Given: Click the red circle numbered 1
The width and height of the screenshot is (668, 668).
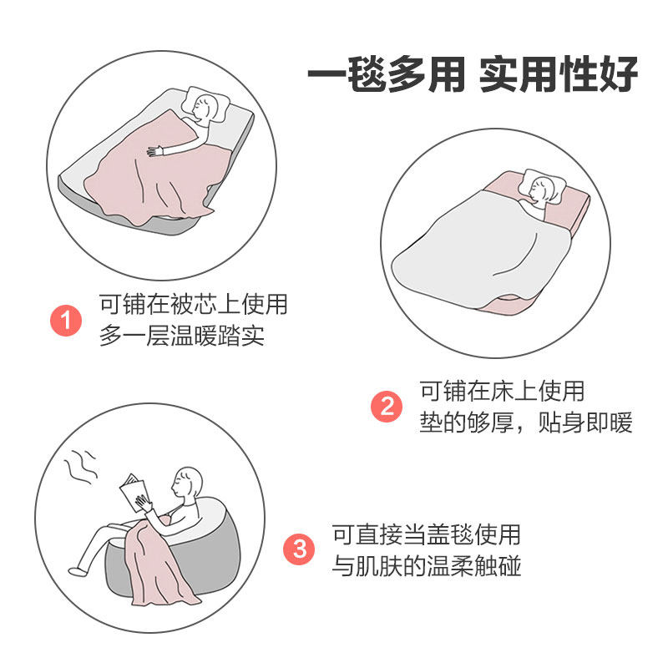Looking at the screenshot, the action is [66, 321].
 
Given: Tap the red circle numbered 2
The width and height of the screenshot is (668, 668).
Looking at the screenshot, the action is [387, 407].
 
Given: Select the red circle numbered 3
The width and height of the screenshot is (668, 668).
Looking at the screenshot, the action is [300, 549].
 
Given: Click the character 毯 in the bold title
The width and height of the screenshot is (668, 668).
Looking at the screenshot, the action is [367, 74].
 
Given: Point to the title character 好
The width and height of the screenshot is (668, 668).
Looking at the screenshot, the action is [618, 74].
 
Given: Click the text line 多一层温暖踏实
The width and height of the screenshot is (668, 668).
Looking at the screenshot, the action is [182, 336].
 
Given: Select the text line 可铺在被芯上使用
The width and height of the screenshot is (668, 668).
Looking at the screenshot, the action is [194, 304].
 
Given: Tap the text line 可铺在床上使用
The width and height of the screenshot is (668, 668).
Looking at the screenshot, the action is [502, 391].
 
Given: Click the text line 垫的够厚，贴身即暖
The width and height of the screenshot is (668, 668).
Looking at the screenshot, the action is [526, 423].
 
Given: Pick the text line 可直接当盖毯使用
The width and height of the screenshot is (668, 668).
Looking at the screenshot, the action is [427, 534].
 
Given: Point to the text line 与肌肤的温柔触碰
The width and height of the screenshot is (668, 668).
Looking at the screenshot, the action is [427, 566].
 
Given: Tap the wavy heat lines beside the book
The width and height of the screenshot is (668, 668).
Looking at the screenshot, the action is [81, 467].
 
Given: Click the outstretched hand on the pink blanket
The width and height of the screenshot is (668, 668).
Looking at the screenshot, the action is [155, 151].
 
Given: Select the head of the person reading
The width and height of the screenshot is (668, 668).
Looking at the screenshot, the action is [186, 482].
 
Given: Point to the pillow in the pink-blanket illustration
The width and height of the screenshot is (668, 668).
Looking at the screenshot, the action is [206, 105].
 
